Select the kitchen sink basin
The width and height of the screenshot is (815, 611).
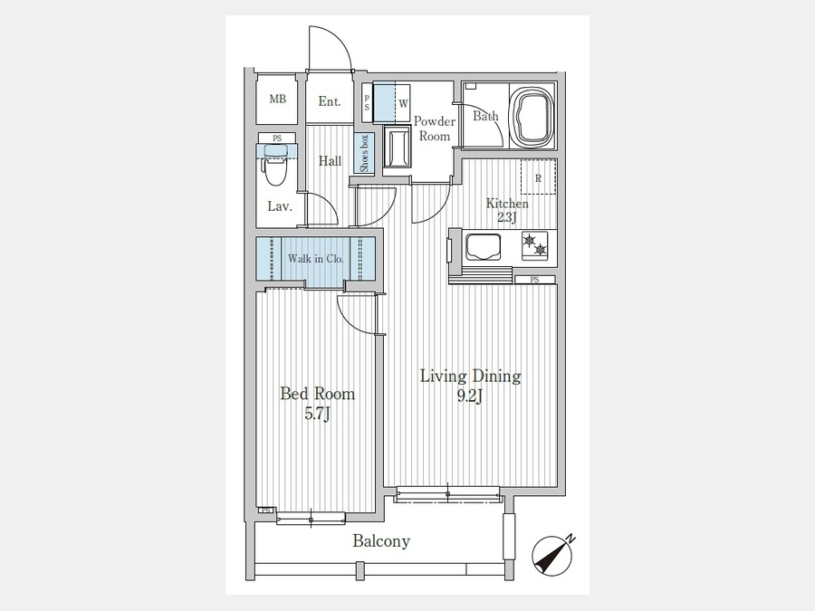(x=484, y=247)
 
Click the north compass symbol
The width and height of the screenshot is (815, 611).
(x=553, y=555)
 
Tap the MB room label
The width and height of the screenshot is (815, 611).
(x=278, y=99)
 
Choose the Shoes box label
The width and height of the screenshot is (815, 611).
(x=364, y=153)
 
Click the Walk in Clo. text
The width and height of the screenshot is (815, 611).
(x=315, y=258)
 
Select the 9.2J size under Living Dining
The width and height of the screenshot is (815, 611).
(x=470, y=396)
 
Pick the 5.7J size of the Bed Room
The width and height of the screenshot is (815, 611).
(x=317, y=414)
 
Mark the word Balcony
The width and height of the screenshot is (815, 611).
(x=381, y=541)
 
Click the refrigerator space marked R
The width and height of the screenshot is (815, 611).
(x=539, y=177)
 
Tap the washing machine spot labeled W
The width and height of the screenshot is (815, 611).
(x=403, y=103)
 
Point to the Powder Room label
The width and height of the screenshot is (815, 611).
(x=435, y=129)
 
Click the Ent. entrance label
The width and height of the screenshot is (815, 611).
(x=330, y=101)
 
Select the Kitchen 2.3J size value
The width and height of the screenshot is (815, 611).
(x=507, y=217)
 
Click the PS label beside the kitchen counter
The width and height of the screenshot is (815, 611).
(x=535, y=280)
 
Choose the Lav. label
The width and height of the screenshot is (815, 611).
(x=280, y=206)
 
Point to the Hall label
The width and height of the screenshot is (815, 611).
(x=330, y=160)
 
